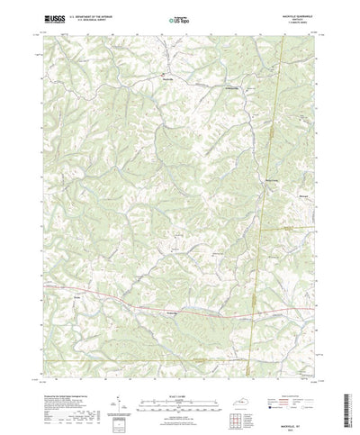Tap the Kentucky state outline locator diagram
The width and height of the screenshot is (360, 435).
(x=249, y=374)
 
